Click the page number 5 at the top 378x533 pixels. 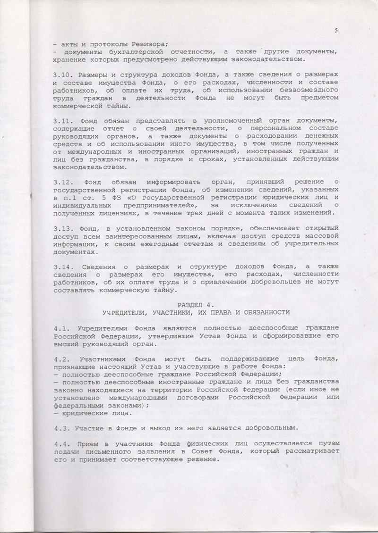[x=335, y=31]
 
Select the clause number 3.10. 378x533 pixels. [x=62, y=75]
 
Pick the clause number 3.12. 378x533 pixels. [x=62, y=182]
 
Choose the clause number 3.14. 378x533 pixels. [x=62, y=266]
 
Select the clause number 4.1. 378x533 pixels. [x=60, y=328]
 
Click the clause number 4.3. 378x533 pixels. [x=60, y=427]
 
